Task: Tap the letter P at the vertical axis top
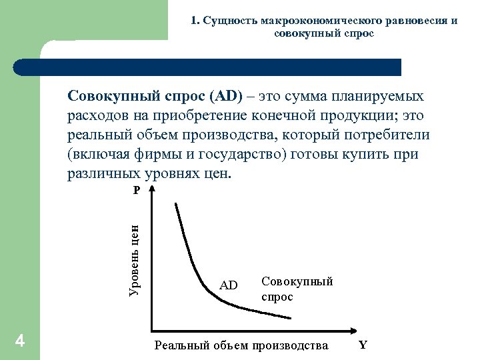click(136, 190)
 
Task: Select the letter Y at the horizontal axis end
click(363, 345)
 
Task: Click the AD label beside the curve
click(229, 285)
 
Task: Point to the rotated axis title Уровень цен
click(133, 260)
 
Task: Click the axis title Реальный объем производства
click(241, 345)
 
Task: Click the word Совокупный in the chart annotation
click(297, 281)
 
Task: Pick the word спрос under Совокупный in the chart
click(277, 297)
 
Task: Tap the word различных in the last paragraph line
click(105, 173)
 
